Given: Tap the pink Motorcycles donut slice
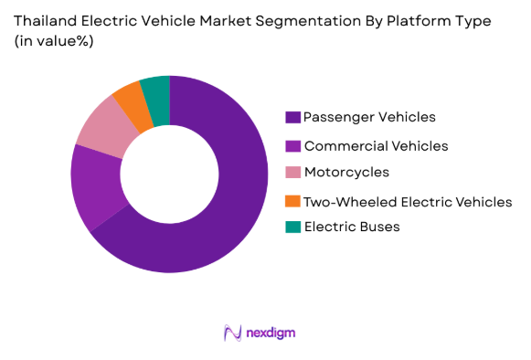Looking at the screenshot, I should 103,129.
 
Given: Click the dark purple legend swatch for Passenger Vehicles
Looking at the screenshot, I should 292,117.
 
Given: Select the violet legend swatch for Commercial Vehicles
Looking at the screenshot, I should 292,145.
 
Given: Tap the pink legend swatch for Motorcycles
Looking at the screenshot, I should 292,173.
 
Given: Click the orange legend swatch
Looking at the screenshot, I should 292,200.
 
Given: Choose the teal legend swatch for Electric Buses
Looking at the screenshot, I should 292,227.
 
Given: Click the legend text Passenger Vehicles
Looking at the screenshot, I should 369,117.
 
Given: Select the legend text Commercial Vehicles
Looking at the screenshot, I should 376,145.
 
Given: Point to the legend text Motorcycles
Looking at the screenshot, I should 346,173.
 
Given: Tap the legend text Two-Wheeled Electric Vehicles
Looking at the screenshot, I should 408,200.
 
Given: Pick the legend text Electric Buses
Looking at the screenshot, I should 352,227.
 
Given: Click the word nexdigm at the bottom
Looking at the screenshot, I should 271,334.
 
